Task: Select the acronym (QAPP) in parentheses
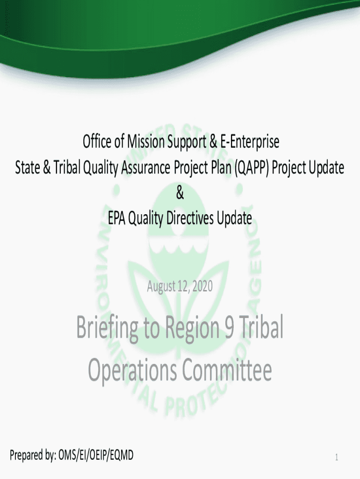(x=252, y=168)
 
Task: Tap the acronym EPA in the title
(x=116, y=218)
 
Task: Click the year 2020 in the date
(x=203, y=286)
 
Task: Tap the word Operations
(x=132, y=370)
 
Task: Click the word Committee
(x=227, y=370)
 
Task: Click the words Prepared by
(x=33, y=456)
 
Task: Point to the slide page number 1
(x=337, y=457)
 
